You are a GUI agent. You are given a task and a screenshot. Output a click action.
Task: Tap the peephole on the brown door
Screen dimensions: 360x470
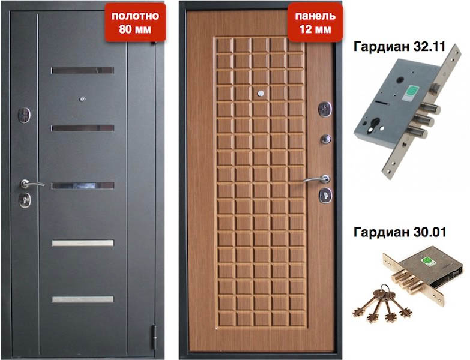[x=261, y=94]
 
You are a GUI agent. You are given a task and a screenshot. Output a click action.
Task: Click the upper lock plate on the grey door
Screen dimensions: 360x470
[x=25, y=114]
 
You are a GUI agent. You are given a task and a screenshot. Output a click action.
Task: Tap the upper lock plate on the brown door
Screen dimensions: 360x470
[x=325, y=109]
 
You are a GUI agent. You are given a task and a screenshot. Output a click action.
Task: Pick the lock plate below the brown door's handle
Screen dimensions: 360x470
[x=325, y=194]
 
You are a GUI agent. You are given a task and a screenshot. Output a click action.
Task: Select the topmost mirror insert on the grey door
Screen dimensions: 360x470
[x=82, y=70]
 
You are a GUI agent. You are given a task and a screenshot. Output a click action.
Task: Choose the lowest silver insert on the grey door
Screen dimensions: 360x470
[x=82, y=299]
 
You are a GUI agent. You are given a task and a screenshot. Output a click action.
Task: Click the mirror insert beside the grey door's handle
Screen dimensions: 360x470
[x=82, y=185]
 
